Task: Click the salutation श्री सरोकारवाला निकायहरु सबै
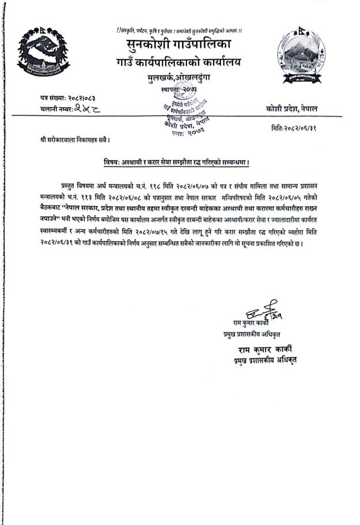(x=72, y=140)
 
